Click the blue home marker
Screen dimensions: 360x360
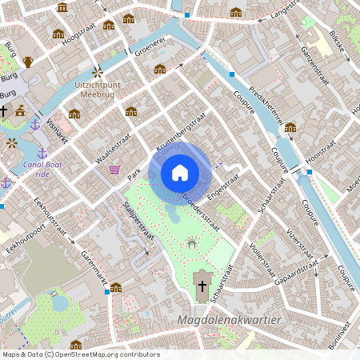pyautogui.click(x=180, y=173)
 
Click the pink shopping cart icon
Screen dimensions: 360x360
pyautogui.click(x=115, y=170)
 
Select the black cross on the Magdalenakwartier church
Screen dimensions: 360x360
pyautogui.click(x=202, y=286)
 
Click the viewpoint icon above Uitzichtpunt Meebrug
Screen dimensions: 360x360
pyautogui.click(x=98, y=71)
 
